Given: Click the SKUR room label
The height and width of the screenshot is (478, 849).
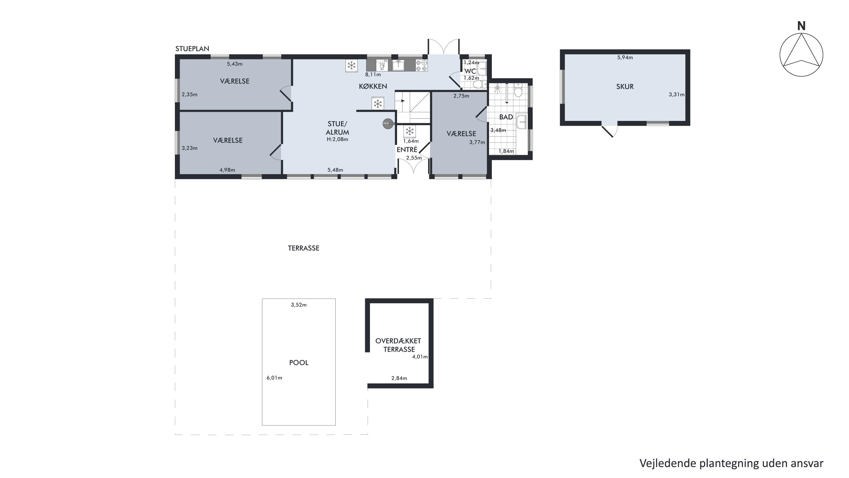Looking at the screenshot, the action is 625,86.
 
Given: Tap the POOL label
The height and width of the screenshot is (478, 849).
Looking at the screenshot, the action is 299,362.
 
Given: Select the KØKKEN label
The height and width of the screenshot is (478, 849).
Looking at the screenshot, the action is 373,86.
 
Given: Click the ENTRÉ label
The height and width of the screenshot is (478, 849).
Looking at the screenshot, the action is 407,150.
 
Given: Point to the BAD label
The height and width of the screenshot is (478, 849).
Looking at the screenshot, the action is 506,117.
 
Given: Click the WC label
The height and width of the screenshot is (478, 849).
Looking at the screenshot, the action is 470,71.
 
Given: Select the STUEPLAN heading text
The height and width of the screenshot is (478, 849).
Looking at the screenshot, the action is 192,49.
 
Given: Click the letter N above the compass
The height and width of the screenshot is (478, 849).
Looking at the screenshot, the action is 801,26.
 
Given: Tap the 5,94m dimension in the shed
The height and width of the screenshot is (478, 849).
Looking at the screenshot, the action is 625,57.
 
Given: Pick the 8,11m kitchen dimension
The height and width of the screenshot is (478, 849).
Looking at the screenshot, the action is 373,74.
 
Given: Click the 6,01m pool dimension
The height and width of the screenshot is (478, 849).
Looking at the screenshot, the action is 274,378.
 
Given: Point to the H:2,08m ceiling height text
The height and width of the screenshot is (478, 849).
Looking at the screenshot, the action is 337,139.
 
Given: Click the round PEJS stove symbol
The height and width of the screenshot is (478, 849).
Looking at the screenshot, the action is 388,123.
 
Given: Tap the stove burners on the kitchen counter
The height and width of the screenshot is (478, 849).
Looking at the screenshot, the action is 422,65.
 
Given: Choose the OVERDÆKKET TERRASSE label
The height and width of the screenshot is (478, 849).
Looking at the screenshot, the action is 398,345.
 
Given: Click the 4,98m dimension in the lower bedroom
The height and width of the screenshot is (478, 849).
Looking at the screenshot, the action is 228,170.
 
